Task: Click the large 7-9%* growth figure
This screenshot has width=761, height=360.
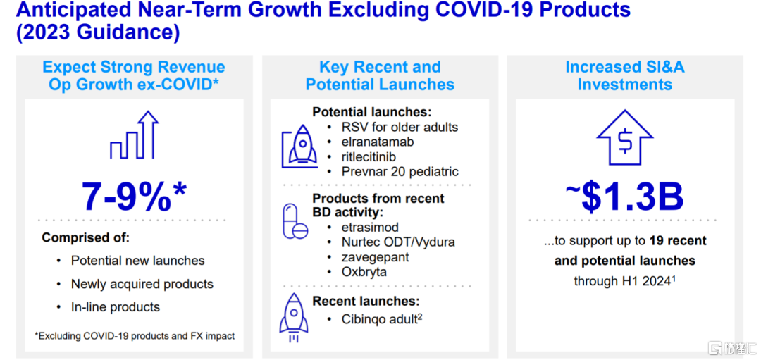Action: coord(134,197)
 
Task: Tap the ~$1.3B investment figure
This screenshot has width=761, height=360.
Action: coord(624,197)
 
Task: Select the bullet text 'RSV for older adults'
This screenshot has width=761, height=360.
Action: coord(400,128)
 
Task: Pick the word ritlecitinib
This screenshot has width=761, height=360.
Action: coord(369,156)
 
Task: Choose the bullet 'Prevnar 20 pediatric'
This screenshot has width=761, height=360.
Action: coord(400,172)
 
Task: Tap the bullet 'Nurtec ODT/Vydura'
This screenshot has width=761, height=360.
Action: coord(398,242)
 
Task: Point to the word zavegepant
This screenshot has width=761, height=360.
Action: coord(375,256)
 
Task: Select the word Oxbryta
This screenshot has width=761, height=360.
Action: coord(364,272)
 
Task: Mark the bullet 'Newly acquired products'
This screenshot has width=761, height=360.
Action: coord(142,284)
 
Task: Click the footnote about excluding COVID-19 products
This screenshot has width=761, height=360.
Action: coord(135,336)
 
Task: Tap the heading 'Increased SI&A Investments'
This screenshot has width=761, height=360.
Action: coord(625,75)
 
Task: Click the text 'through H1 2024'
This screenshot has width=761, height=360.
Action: coord(624,280)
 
